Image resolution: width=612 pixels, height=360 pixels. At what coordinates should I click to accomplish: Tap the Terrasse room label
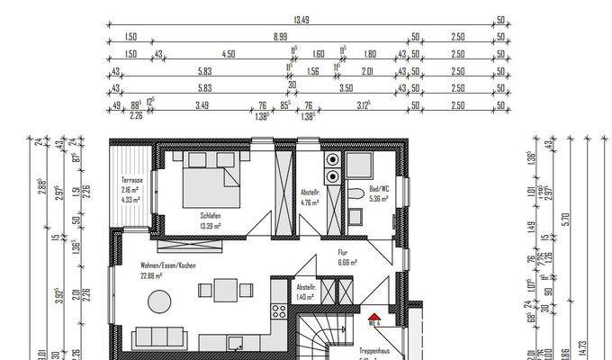[132, 180]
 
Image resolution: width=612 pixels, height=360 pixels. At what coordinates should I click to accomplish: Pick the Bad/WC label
[378, 190]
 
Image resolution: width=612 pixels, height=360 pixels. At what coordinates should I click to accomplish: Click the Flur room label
[344, 253]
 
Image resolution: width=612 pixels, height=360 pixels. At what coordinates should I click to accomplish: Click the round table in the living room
[159, 301]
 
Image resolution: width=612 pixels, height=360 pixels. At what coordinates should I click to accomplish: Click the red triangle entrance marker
[372, 317]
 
